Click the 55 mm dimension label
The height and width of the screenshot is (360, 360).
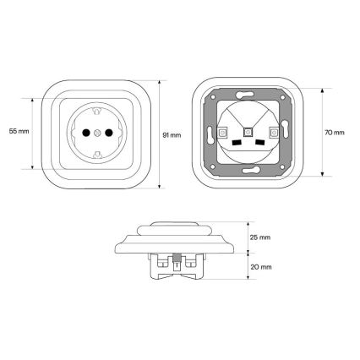[19, 131]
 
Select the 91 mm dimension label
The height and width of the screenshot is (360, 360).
[172, 135]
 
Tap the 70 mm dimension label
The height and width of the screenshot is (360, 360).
[335, 133]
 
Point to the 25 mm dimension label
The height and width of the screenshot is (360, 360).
[260, 237]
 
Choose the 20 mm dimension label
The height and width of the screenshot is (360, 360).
[261, 267]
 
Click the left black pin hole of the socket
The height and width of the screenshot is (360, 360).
[85, 133]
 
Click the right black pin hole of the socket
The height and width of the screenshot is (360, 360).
[109, 133]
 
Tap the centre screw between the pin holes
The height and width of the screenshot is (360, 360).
[97, 133]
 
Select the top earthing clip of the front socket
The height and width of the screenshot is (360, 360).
[97, 111]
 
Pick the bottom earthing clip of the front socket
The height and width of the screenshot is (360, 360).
[97, 154]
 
